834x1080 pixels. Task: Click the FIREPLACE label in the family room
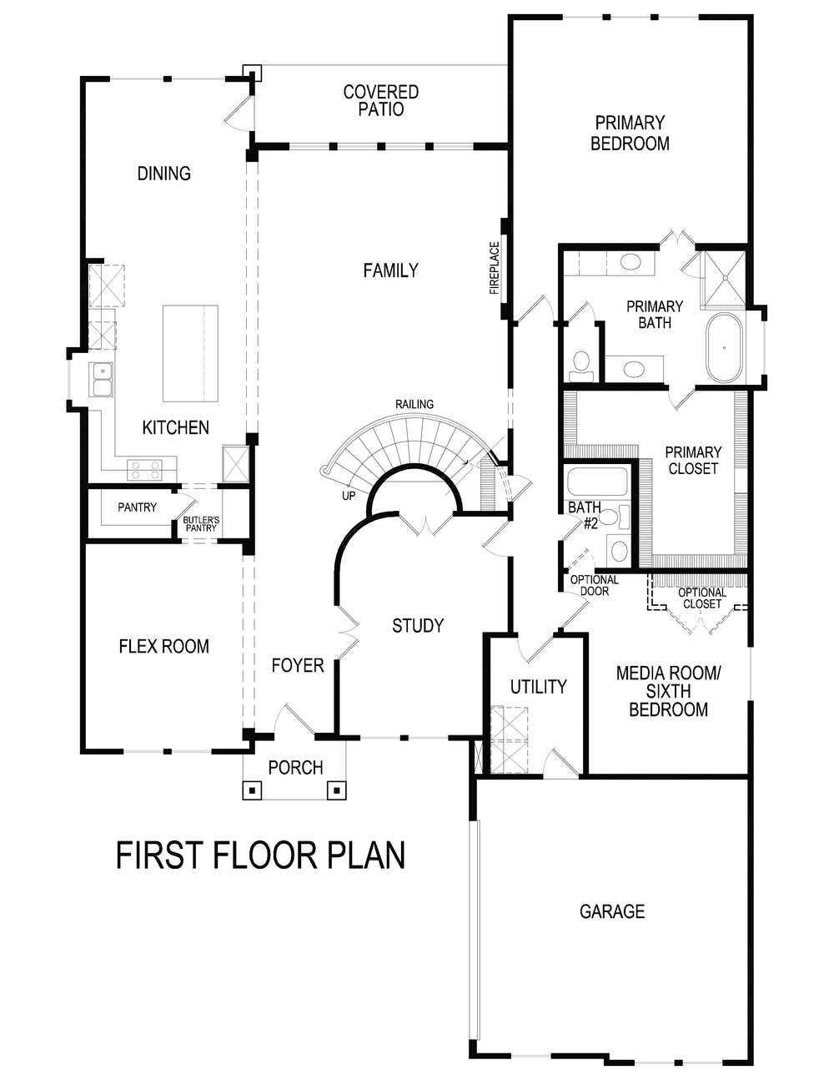495,269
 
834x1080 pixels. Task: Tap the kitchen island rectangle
190,353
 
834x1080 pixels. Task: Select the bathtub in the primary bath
724,348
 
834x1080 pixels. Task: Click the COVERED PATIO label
381,100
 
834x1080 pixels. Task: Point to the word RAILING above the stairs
414,404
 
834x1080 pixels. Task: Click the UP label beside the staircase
349,496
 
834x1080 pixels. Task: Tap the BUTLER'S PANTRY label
201,523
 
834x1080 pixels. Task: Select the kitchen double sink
103,379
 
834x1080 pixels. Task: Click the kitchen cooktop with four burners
143,470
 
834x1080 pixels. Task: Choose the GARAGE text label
612,911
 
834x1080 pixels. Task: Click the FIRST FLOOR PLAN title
260,856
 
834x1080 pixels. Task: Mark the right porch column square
336,790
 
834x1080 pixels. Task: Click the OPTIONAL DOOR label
595,585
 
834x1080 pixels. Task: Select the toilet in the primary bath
580,363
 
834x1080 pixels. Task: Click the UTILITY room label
538,687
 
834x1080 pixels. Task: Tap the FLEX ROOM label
163,646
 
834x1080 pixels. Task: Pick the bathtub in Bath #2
596,482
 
